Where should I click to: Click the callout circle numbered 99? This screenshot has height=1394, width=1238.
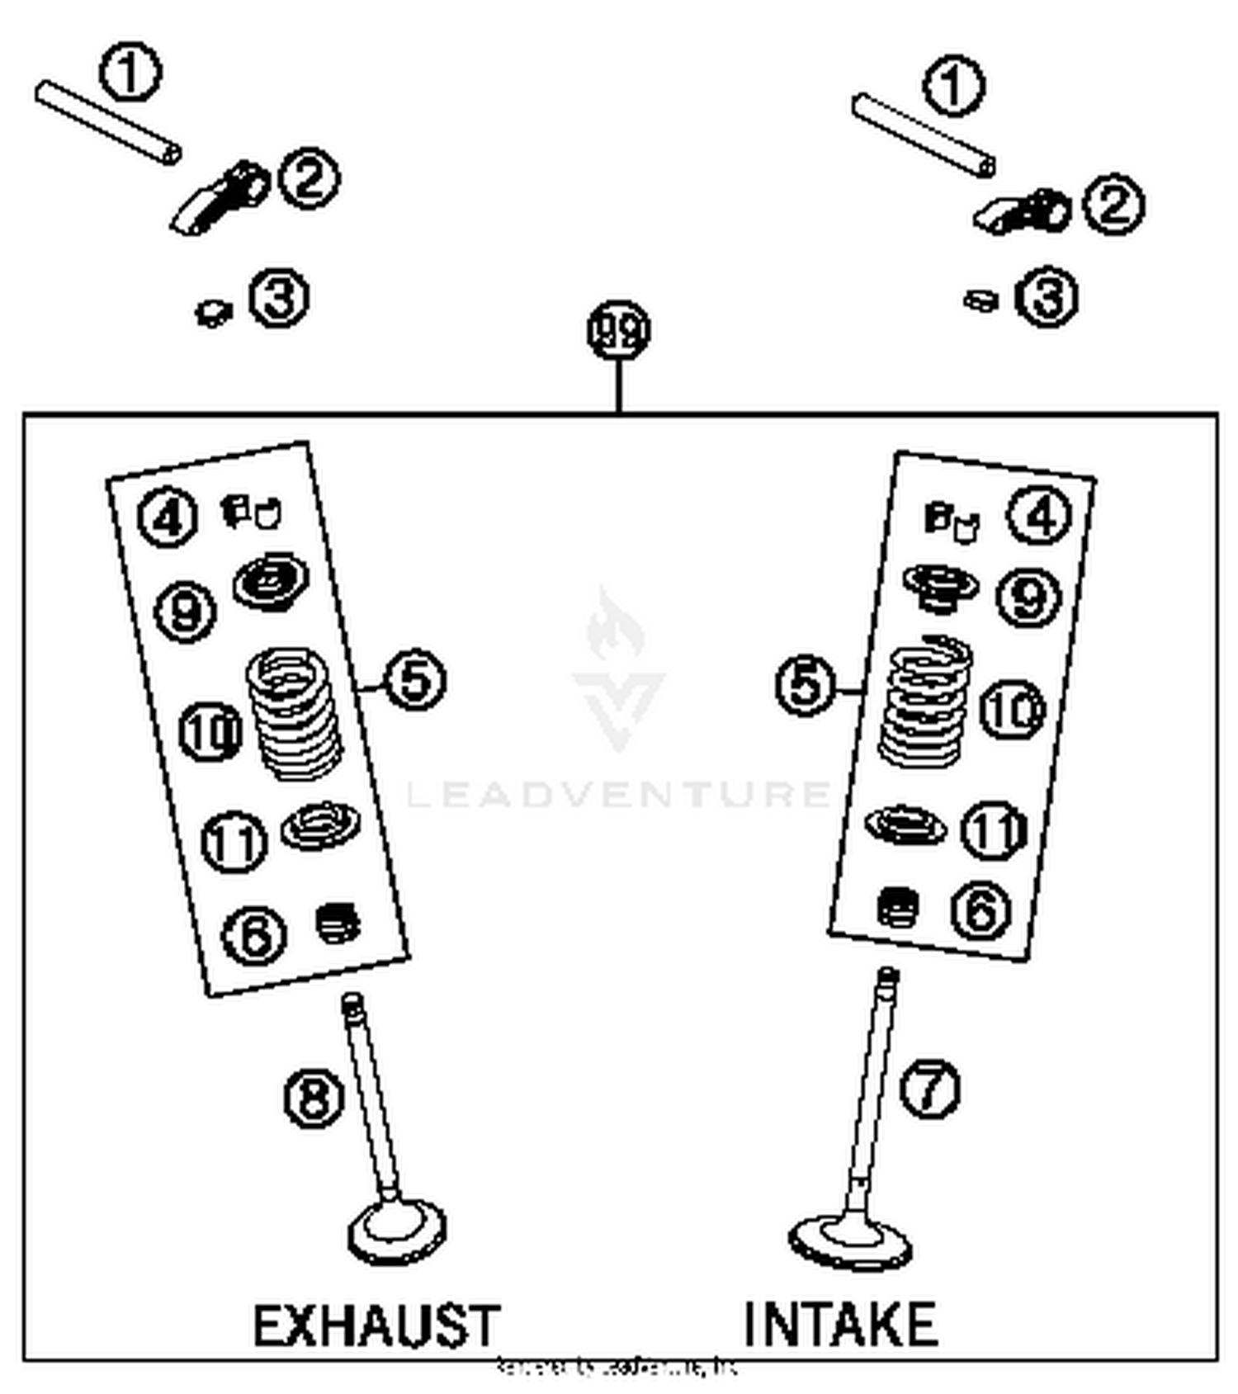tap(619, 331)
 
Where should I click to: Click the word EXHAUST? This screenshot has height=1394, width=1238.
tap(376, 1325)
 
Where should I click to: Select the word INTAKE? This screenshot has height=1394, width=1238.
tap(840, 1324)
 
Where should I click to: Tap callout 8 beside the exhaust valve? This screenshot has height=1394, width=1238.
tap(314, 1099)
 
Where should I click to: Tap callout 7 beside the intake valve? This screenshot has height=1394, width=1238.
tap(929, 1089)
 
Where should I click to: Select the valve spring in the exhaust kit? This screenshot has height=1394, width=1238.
tap(294, 712)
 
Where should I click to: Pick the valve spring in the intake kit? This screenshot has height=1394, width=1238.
tap(924, 702)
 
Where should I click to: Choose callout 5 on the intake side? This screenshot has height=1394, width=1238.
tap(806, 685)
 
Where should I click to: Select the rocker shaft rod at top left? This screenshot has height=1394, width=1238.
tap(107, 121)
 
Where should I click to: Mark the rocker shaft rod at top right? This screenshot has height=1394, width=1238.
tap(923, 135)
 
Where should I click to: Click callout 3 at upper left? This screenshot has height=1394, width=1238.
tap(279, 298)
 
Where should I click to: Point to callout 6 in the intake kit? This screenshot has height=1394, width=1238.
tap(980, 910)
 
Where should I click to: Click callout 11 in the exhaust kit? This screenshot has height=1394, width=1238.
tap(234, 842)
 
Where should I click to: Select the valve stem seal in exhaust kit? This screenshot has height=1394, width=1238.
tap(338, 922)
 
